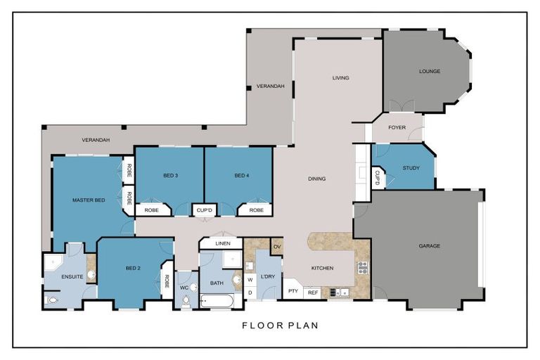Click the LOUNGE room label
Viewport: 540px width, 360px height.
[429, 71]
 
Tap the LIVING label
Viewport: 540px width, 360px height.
[340, 78]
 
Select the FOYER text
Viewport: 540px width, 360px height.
[397, 128]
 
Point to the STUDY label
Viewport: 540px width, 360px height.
[411, 168]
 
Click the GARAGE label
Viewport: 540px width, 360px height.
[429, 246]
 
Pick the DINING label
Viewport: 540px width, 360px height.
[316, 179]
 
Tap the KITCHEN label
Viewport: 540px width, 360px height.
[323, 269]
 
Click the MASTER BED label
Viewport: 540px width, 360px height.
[89, 200]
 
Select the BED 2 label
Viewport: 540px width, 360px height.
[134, 269]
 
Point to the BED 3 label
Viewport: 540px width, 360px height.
[170, 175]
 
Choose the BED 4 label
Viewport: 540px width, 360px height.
[241, 175]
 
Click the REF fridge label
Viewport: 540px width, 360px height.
[313, 292]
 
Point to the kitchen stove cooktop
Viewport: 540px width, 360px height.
[363, 267]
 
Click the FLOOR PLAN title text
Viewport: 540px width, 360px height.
[280, 326]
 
